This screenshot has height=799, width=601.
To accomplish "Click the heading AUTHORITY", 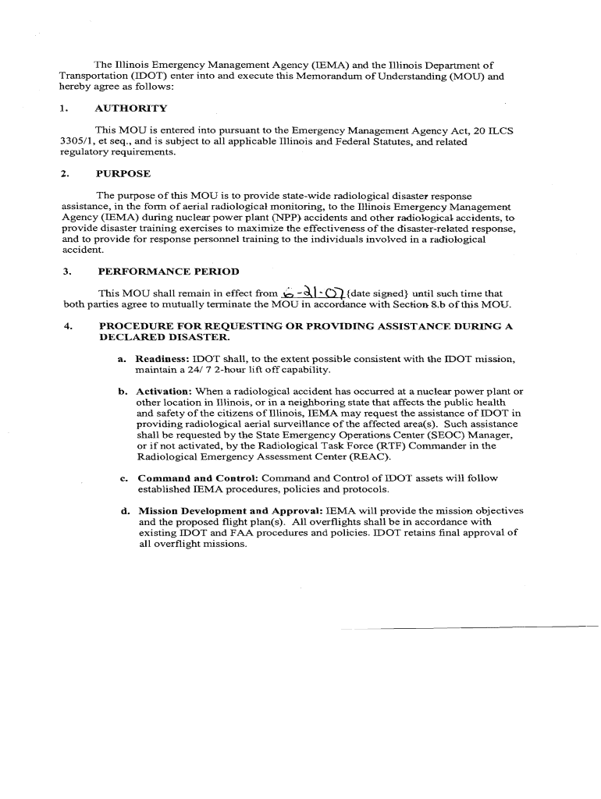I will [130, 108].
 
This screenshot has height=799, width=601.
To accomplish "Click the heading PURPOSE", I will [123, 173].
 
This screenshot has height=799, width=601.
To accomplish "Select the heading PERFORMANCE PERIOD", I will [168, 272].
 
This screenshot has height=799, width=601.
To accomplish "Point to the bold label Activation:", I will [164, 391].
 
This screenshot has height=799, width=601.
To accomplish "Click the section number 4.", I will [67, 327].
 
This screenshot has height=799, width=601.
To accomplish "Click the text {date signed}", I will [369, 293].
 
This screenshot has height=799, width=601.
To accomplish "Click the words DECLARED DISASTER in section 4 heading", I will [164, 338].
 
